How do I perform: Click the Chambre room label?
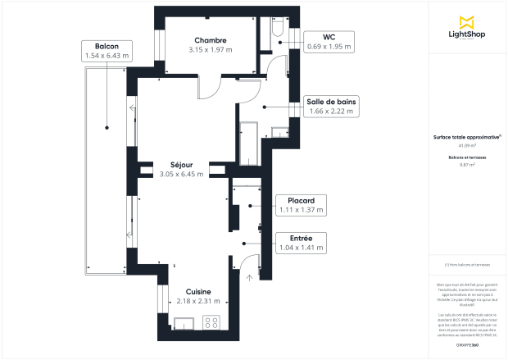[211, 40]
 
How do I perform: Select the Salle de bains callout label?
[331, 106]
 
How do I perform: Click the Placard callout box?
[301, 205]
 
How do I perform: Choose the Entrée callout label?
[301, 242]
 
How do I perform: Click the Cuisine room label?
[198, 291]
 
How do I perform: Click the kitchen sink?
[185, 322]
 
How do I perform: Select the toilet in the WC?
[276, 30]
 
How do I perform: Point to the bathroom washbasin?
[281, 131]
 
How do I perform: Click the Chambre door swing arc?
[210, 84]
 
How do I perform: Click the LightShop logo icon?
[468, 21]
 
